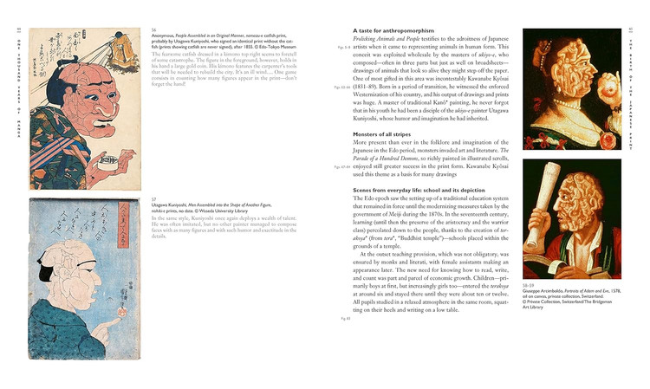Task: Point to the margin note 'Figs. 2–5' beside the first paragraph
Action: pyautogui.click(x=343, y=46)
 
